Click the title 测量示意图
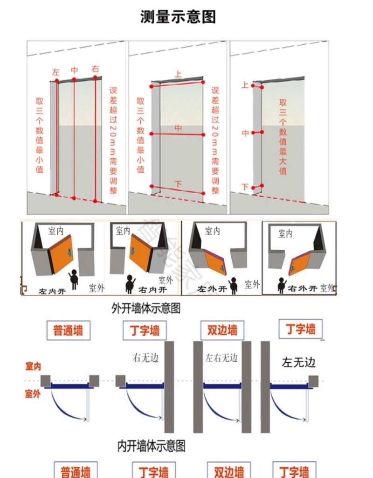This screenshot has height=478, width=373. (x=178, y=17)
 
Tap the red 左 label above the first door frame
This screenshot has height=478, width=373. (x=56, y=72)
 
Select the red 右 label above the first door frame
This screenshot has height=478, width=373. (x=96, y=69)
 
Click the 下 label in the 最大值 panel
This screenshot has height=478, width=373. (x=245, y=187)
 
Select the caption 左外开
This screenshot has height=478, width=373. (x=212, y=289)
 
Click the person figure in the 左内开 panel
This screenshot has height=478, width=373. (x=73, y=279)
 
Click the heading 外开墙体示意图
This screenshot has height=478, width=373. (x=146, y=309)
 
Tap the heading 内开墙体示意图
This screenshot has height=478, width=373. (x=151, y=446)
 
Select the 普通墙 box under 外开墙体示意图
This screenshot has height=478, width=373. (x=68, y=330)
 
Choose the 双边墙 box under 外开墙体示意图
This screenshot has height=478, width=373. (x=222, y=330)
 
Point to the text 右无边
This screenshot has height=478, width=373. (x=145, y=358)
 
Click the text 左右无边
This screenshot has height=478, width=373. (x=221, y=358)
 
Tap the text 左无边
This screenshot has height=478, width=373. (x=299, y=362)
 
